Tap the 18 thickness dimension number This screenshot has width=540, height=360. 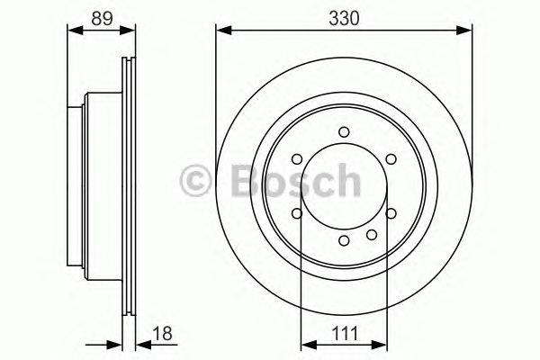tap(163, 334)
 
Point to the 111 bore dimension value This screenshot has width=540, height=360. tap(345, 334)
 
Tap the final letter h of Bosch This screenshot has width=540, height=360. tap(346, 180)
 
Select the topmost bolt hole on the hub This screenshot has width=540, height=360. tap(344, 133)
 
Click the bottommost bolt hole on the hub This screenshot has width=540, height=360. tap(344, 240)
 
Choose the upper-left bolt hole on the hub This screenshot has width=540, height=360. tap(298, 160)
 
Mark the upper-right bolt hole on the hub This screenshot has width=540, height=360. tap(390, 160)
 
